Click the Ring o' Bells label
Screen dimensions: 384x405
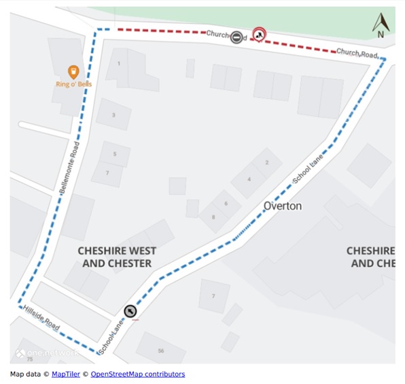click(x=73, y=84)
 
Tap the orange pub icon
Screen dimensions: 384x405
click(x=73, y=71)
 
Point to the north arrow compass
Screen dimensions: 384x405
click(x=380, y=26)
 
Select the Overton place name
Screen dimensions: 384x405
click(x=283, y=206)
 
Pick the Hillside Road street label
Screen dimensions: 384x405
click(x=41, y=318)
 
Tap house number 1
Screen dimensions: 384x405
click(x=119, y=63)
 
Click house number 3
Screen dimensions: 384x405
click(x=113, y=115)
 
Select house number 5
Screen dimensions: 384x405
click(x=116, y=155)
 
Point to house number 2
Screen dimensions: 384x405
click(x=268, y=162)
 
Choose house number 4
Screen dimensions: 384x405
click(x=249, y=179)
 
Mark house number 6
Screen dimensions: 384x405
click(x=226, y=204)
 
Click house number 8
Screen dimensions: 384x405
click(x=213, y=217)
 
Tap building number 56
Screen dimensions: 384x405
click(x=161, y=350)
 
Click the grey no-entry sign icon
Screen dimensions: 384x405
click(x=236, y=37)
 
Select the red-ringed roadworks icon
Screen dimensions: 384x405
click(x=259, y=34)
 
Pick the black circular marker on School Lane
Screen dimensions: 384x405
click(x=130, y=311)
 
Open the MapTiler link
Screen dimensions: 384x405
click(x=65, y=374)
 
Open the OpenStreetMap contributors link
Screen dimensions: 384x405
click(x=138, y=374)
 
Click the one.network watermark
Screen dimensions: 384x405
click(x=48, y=353)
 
